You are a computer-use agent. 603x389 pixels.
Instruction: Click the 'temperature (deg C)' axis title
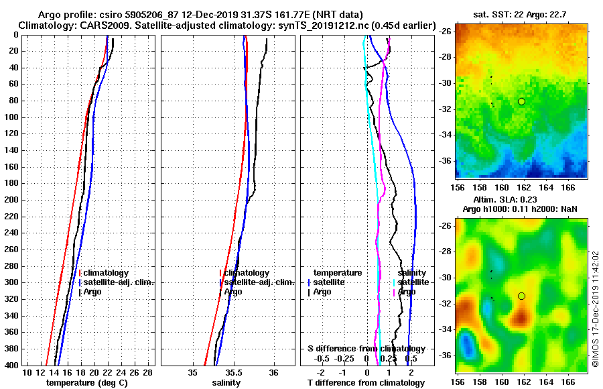pyautogui.click(x=86, y=383)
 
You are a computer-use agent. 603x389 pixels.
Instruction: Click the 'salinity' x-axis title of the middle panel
pyautogui.click(x=226, y=383)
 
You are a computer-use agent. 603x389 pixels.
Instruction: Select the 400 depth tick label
pyautogui.click(x=12, y=365)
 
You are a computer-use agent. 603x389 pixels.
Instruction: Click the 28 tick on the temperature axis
pyautogui.click(x=148, y=372)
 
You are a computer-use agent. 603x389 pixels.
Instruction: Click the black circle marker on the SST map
pyautogui.click(x=521, y=101)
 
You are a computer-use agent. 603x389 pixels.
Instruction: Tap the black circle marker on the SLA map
pyautogui.click(x=521, y=296)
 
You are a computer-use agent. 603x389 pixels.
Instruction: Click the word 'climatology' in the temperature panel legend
pyautogui.click(x=106, y=273)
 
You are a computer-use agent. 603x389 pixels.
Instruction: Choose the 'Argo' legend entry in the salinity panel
pyautogui.click(x=234, y=292)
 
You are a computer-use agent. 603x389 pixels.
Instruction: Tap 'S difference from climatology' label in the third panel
pyautogui.click(x=366, y=349)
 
